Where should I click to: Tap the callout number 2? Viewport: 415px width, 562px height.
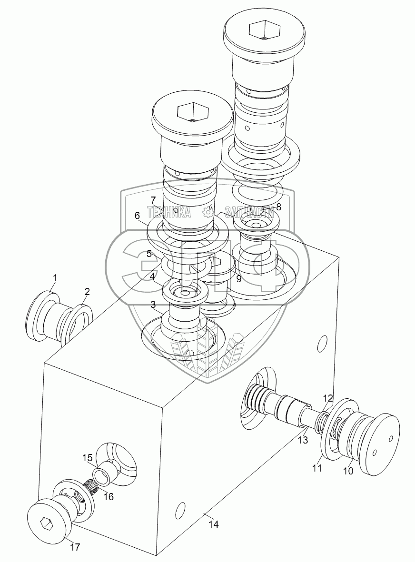[87, 291]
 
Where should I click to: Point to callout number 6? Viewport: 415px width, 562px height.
[137, 216]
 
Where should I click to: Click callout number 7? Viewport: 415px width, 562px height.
[153, 199]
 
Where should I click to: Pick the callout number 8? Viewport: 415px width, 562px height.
[278, 207]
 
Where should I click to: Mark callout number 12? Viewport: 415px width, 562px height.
[328, 398]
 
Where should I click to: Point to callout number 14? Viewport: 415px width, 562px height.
[214, 524]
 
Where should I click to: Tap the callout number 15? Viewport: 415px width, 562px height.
[87, 458]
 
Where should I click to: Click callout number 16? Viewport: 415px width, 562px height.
[109, 496]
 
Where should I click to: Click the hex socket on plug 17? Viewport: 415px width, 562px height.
[46, 523]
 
